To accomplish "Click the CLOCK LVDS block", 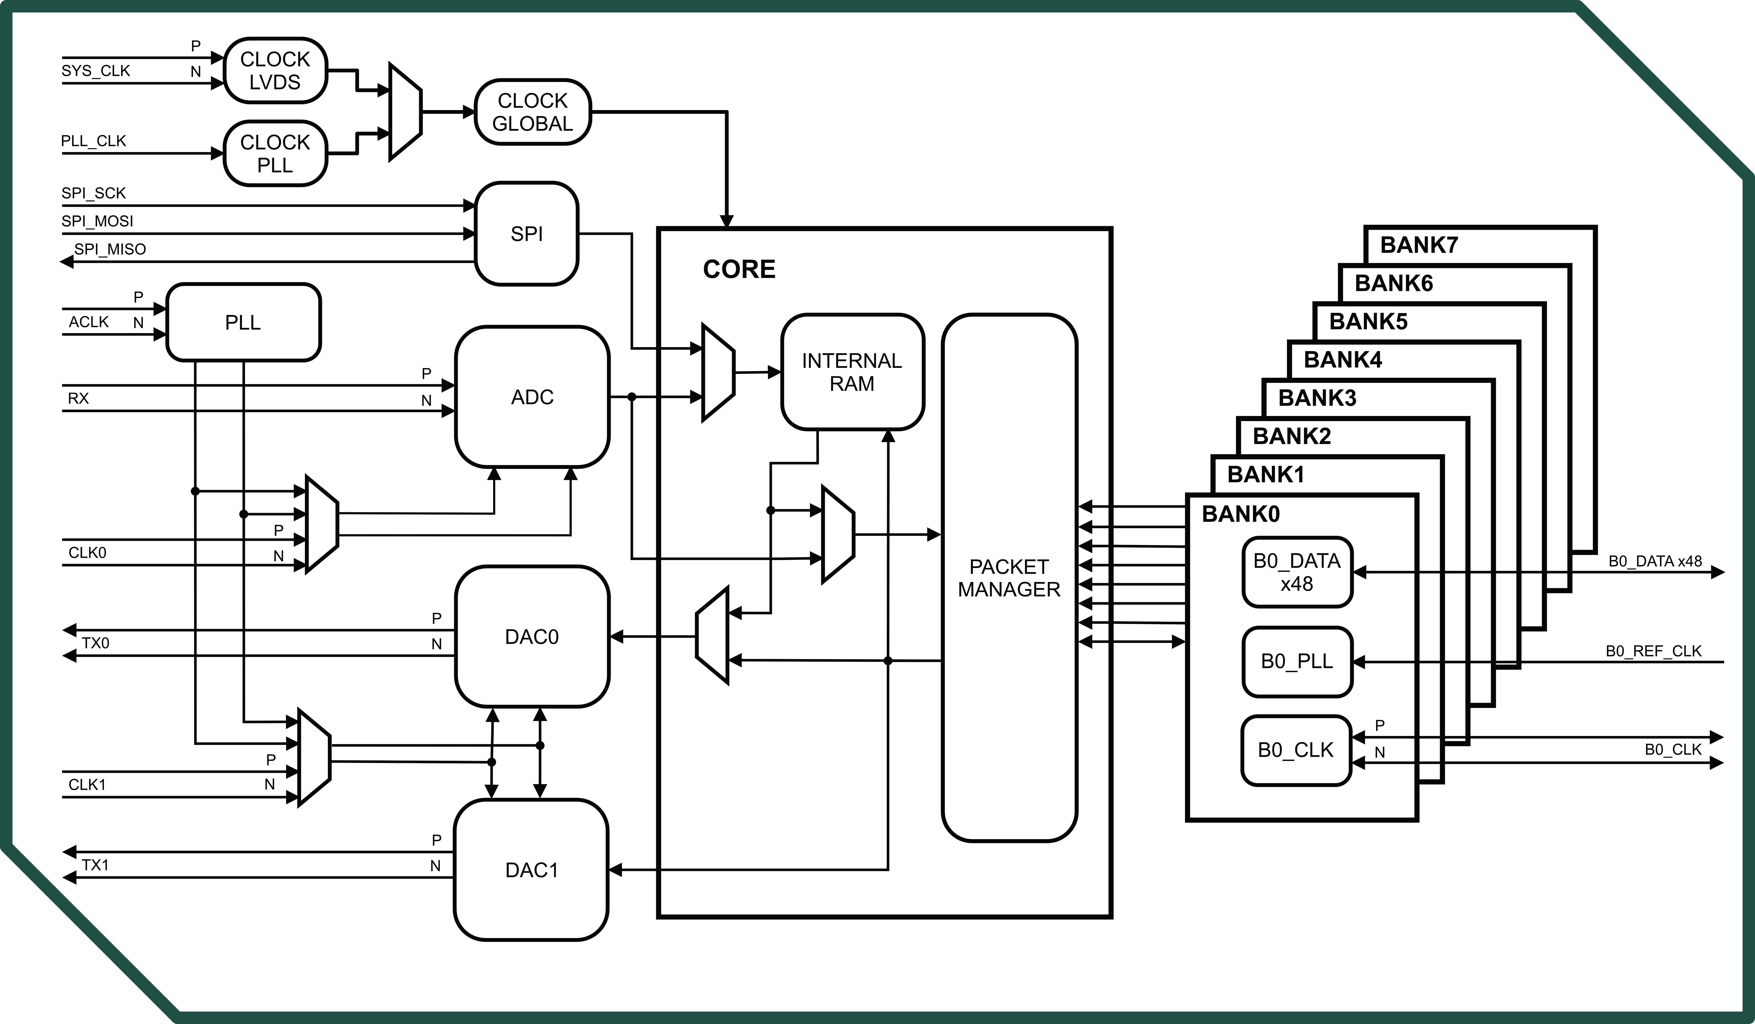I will (275, 70).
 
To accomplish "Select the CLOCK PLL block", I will (275, 153).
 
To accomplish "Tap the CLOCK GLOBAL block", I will (533, 112).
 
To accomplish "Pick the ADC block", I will (532, 397).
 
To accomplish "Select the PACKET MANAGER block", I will (1009, 577).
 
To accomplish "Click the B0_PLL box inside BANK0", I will (1297, 661).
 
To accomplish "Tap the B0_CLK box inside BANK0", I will (1295, 750).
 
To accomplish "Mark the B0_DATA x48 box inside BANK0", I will (1297, 572).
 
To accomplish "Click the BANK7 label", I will (1419, 245).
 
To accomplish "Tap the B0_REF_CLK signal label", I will (1653, 651).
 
